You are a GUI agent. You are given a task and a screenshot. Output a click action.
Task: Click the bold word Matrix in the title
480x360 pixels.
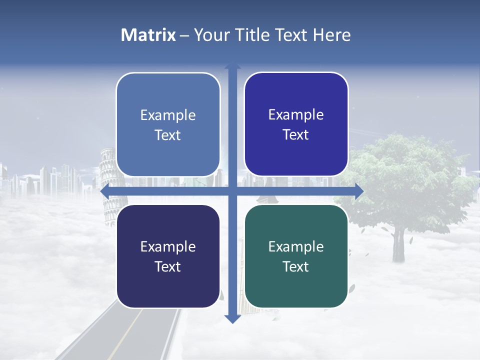(148, 35)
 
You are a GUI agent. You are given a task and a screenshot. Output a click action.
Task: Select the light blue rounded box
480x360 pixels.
(168, 124)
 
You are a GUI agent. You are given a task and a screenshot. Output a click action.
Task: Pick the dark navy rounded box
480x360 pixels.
(168, 256)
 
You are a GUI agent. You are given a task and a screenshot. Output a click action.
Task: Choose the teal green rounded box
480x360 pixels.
(296, 256)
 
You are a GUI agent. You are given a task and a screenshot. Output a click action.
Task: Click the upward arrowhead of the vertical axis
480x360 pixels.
(232, 66)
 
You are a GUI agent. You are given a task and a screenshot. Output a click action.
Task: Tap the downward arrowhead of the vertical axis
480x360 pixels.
(232, 319)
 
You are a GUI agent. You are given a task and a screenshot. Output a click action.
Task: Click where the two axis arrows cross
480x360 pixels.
(232, 191)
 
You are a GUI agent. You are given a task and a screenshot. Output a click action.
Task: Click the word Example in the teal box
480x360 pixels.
(296, 246)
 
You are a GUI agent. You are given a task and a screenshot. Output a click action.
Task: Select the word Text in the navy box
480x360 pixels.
(168, 266)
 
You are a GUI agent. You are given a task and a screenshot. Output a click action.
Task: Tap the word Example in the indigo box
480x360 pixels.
(296, 114)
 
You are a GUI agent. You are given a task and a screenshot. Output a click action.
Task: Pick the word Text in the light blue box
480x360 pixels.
(168, 135)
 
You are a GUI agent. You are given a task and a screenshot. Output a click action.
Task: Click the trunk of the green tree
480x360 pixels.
(398, 245)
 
